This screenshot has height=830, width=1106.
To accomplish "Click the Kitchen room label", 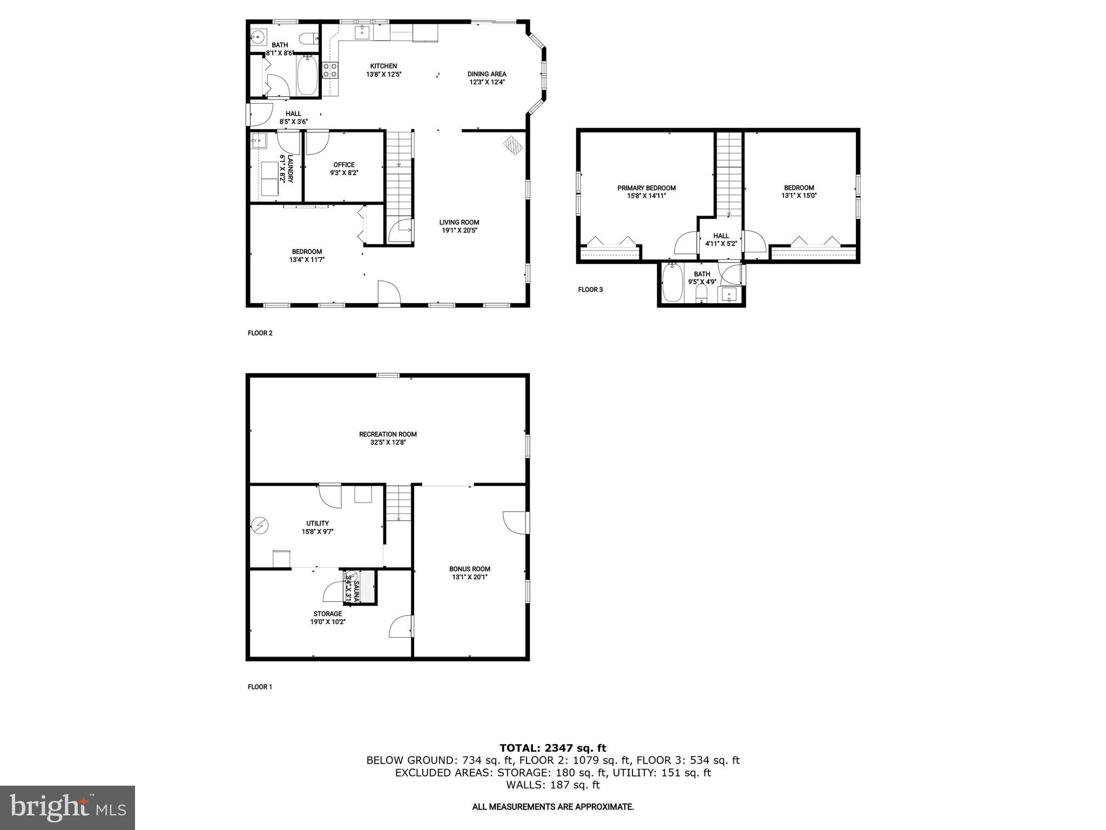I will tap(383, 66).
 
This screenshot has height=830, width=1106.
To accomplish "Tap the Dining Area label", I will tap(487, 74).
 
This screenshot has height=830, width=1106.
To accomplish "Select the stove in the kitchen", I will tap(330, 70).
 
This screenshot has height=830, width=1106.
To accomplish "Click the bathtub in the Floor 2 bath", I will tap(307, 77).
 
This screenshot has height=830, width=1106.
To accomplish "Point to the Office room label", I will tap(344, 165).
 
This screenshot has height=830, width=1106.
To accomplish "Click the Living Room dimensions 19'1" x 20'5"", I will tap(459, 230).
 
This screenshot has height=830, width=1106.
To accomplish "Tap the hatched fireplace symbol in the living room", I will tap(513, 145).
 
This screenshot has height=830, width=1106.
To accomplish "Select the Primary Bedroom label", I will tap(646, 188).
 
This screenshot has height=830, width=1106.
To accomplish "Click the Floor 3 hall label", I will tap(721, 236).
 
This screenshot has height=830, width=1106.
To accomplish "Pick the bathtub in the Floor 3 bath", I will tap(672, 282).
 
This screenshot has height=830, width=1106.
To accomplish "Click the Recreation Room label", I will tap(388, 434).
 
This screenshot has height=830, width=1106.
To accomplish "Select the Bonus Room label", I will tap(470, 568).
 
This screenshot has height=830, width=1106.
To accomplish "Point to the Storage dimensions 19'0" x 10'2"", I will tap(328, 621).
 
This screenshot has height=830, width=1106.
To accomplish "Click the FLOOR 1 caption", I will tap(260, 687).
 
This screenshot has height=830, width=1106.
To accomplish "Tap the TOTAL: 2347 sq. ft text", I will tap(552, 748).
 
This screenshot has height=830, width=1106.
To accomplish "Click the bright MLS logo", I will tap(68, 807).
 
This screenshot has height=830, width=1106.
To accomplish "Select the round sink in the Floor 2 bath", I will tap(258, 38).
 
